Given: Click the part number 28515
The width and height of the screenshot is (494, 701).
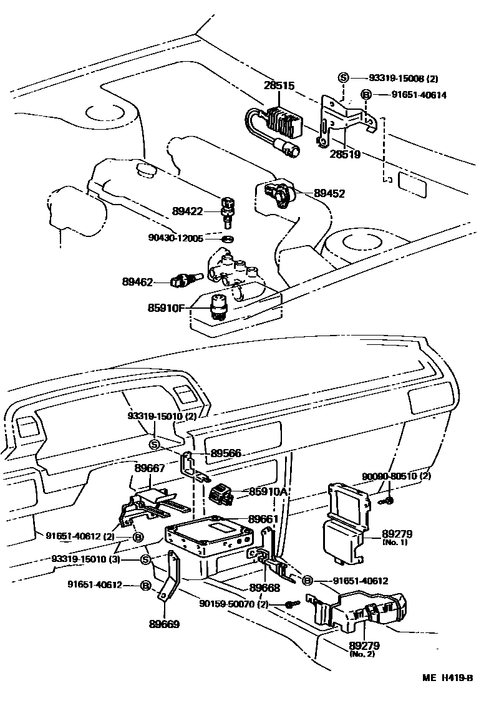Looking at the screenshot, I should pos(278,85).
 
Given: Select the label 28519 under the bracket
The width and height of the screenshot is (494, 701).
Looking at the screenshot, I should pos(345,153).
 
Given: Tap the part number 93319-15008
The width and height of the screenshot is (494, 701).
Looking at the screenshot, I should pos(397,79).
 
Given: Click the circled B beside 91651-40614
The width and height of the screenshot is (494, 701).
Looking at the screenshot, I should pos(367,95).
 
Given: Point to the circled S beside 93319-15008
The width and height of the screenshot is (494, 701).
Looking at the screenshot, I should pos(343,78).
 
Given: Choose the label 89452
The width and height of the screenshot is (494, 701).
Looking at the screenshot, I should pos(329,194).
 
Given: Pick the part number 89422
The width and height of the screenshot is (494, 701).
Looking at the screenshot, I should pos(188,211).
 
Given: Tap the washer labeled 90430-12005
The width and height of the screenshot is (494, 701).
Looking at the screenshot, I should pos(228,238).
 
